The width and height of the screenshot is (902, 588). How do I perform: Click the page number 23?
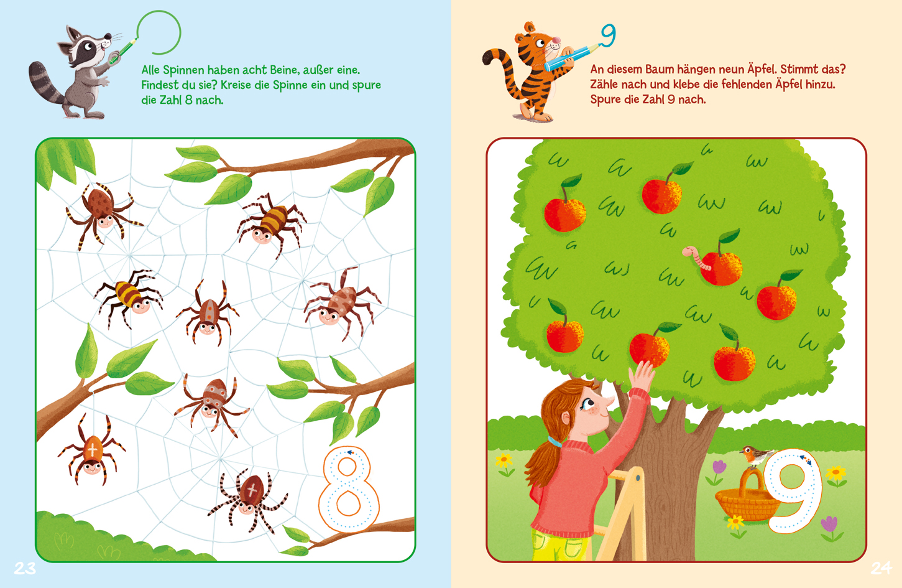click(x=25, y=568)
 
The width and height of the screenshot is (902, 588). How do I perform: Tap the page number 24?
click(x=881, y=568)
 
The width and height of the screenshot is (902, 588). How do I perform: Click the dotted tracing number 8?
click(x=349, y=489)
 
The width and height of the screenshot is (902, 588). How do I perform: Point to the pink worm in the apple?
click(x=696, y=258)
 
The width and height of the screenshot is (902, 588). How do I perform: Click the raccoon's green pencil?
click(x=123, y=51)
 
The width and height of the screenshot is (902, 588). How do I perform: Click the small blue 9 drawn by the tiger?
click(x=608, y=35)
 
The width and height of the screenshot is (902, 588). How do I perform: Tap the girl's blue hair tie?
click(x=556, y=442)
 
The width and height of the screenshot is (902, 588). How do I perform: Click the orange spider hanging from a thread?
click(x=92, y=450)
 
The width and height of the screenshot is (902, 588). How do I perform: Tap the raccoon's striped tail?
click(x=45, y=84)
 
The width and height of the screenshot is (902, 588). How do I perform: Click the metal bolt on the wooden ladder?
click(x=638, y=479)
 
